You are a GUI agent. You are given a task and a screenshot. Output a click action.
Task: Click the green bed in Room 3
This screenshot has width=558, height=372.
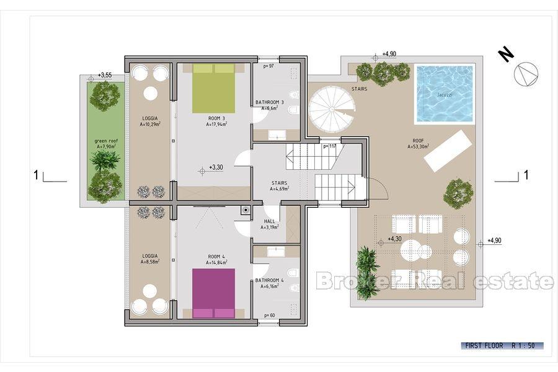click(x=213, y=89)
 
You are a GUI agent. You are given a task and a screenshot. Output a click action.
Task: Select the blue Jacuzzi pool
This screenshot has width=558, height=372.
click(x=445, y=94)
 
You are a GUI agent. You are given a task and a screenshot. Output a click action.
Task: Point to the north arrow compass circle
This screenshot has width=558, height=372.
click(x=526, y=74)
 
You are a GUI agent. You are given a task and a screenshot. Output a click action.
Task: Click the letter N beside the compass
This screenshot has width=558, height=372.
click(x=507, y=55)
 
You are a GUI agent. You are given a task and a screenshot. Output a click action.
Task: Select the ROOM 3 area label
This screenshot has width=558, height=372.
click(x=216, y=120)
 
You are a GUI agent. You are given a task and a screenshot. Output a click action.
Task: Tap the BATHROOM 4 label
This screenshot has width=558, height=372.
click(x=270, y=284)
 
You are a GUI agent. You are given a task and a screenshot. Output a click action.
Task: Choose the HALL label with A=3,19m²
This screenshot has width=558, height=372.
click(x=269, y=224)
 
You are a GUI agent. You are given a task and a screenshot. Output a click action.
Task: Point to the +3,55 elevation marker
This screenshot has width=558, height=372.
click(x=104, y=76)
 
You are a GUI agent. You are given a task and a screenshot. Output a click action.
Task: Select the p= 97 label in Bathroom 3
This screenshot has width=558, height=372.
click(x=268, y=66)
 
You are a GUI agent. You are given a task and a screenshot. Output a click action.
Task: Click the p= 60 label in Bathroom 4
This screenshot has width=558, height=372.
click(x=270, y=315)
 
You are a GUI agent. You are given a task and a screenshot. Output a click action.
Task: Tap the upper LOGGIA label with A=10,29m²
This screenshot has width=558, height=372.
click(x=150, y=121)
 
